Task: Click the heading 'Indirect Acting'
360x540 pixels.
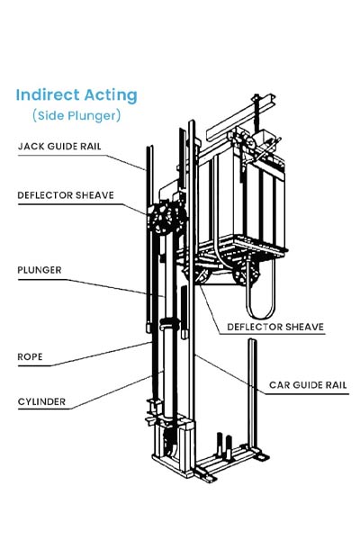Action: (x=76, y=95)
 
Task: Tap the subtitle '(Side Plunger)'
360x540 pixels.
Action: (x=76, y=115)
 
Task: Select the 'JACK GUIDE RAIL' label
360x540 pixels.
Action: (x=59, y=147)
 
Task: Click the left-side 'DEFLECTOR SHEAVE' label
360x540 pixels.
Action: (x=66, y=195)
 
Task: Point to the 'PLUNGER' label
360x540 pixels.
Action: (x=40, y=270)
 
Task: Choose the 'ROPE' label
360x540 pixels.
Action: (x=30, y=356)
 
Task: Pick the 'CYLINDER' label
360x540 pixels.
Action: (x=41, y=401)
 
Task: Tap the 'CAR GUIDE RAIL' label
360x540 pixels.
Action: (x=308, y=385)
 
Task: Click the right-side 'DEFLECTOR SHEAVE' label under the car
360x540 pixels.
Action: (x=275, y=327)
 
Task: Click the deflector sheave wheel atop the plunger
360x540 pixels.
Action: (x=161, y=219)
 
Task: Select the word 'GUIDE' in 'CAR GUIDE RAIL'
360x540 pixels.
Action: (x=307, y=385)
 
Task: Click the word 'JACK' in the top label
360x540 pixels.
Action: (x=31, y=147)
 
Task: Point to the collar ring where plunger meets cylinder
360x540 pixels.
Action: (x=169, y=324)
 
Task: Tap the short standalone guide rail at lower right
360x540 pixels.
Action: (x=253, y=395)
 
